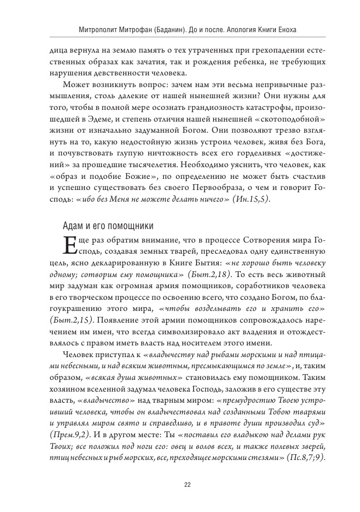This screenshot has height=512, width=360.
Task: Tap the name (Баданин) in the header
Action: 174,29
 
